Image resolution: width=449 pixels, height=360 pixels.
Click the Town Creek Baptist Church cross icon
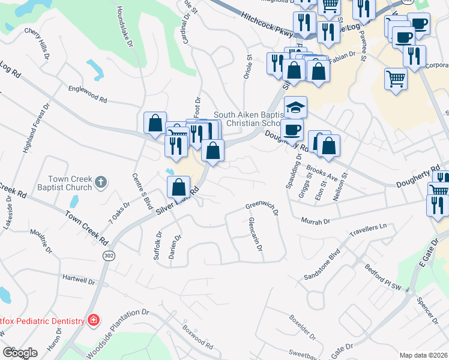(x=101, y=182)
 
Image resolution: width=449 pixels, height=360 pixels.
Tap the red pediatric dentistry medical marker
(x=93, y=320)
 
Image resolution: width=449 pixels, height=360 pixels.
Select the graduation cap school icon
(x=295, y=107)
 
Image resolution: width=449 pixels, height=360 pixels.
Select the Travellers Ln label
(x=367, y=229)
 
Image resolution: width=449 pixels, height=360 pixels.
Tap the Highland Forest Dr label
(x=34, y=129)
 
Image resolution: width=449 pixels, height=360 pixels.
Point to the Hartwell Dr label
(x=79, y=280)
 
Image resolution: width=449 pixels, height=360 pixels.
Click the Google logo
(x=19, y=352)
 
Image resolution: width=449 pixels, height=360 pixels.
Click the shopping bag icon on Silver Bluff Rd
(x=179, y=187)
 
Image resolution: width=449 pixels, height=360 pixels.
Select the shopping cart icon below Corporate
(x=396, y=79)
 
